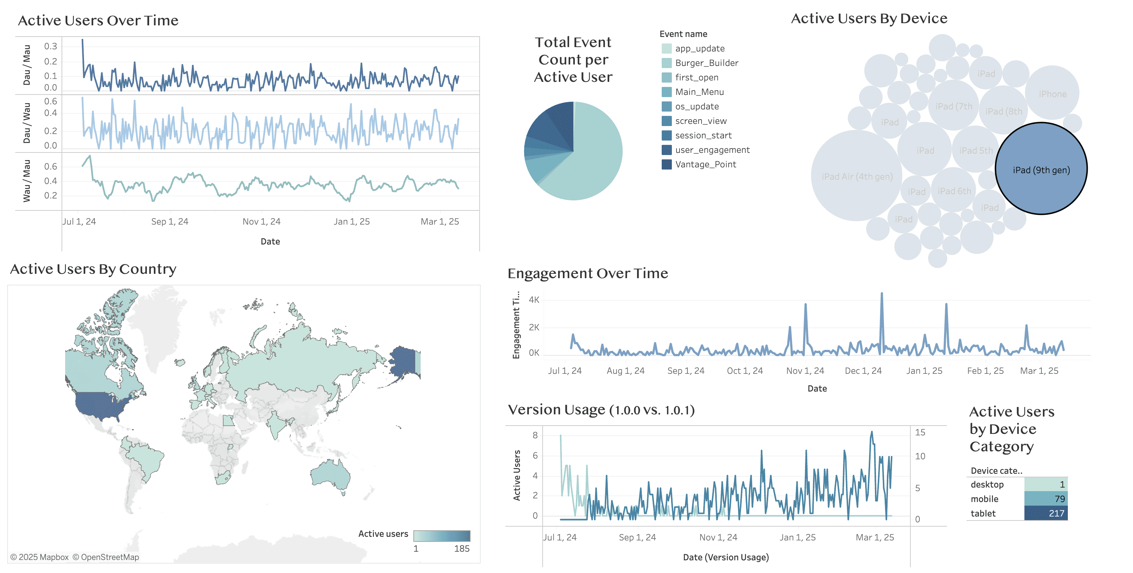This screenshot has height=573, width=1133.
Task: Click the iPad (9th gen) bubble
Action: [x=1041, y=169]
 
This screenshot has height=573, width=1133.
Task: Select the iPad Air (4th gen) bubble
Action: [x=857, y=176]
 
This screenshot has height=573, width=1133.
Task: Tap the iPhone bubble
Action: [x=1052, y=93]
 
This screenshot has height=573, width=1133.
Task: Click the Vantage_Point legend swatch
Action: [x=666, y=164]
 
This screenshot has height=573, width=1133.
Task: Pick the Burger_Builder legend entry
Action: [x=706, y=63]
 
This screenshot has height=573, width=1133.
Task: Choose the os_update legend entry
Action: [x=697, y=106]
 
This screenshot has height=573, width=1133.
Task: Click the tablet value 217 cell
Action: [x=1045, y=513]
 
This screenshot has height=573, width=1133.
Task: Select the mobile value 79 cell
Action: [x=1045, y=499]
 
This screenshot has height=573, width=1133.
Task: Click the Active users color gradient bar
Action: [x=442, y=536]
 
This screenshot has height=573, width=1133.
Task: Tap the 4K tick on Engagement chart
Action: [x=534, y=300]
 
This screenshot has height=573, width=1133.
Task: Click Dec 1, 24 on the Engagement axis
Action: [x=863, y=371]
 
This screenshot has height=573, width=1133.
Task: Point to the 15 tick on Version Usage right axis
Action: [x=920, y=432]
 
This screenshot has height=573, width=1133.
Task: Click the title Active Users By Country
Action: [x=93, y=269]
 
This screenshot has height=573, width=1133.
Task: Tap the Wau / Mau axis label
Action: [x=26, y=181]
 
